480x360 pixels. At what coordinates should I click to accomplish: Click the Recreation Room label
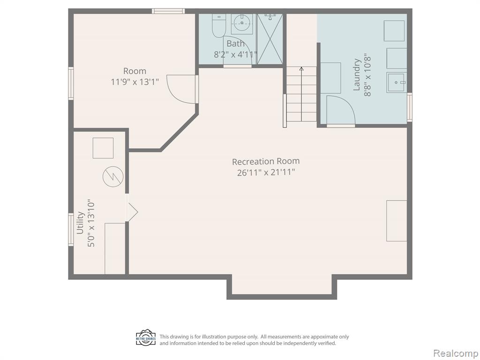click(x=266, y=161)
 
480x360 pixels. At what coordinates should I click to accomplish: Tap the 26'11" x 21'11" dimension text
click(x=266, y=172)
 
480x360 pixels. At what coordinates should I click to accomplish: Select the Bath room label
click(x=235, y=44)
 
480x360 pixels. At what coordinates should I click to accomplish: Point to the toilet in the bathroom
click(x=218, y=26)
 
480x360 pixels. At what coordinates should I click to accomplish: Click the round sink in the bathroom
click(x=242, y=22)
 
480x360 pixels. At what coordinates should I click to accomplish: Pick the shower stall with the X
click(x=270, y=39)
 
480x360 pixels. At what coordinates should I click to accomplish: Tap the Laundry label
click(x=356, y=75)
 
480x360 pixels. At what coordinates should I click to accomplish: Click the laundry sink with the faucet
click(x=397, y=82)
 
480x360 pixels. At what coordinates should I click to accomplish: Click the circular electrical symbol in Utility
click(x=113, y=177)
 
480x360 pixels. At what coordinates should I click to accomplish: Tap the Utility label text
click(x=80, y=223)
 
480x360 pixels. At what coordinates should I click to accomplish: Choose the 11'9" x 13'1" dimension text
click(x=135, y=82)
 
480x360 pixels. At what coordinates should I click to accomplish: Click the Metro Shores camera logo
click(x=146, y=338)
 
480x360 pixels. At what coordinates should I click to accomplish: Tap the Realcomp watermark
click(x=456, y=353)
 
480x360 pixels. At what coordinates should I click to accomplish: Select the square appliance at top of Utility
click(x=103, y=148)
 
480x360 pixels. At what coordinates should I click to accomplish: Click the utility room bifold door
click(x=132, y=207)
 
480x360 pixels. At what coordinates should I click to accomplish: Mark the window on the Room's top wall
click(x=168, y=11)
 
